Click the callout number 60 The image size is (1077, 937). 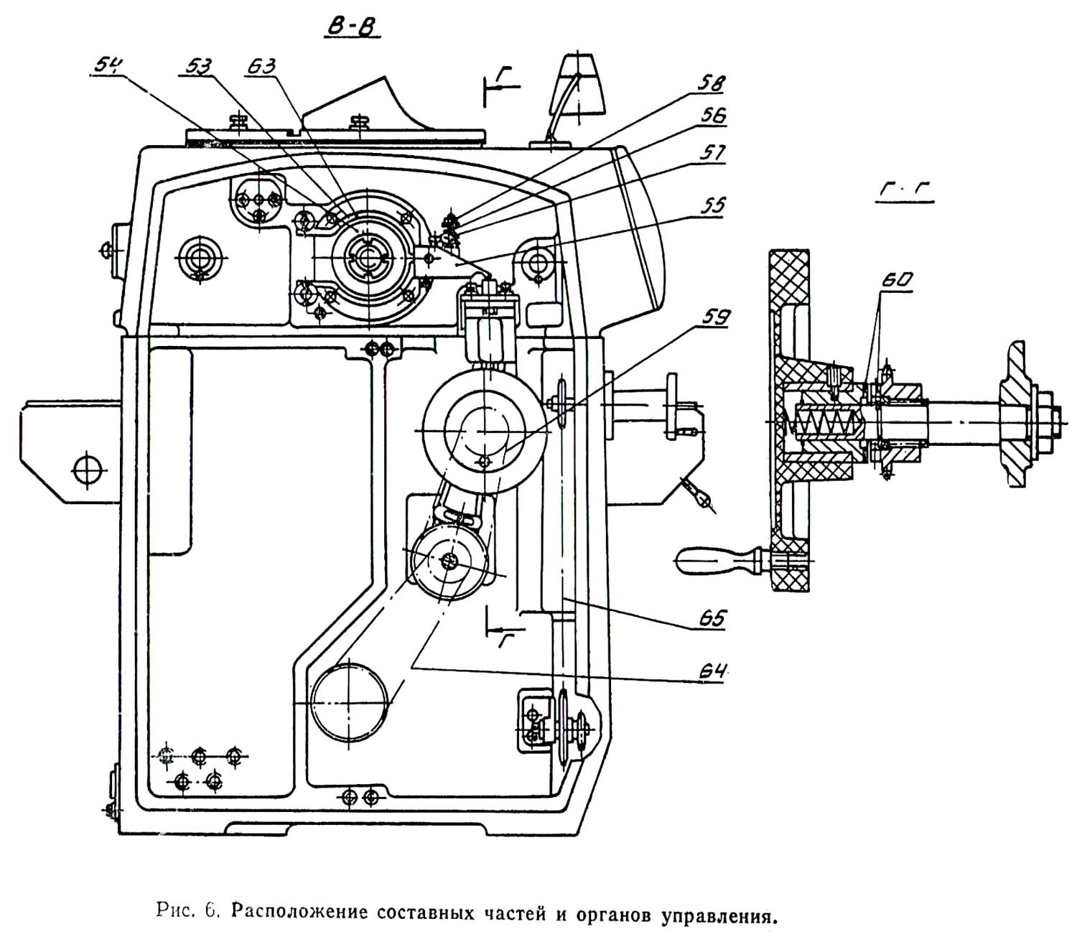tap(894, 281)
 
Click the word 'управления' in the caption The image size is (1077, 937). tap(718, 915)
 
